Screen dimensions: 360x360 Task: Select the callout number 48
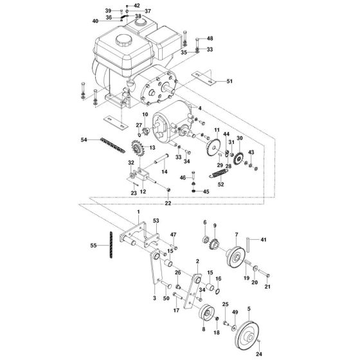coord(209,39)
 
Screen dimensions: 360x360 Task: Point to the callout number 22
coord(168,203)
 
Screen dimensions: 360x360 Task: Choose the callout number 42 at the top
coord(136,4)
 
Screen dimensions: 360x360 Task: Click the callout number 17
coord(175,311)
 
